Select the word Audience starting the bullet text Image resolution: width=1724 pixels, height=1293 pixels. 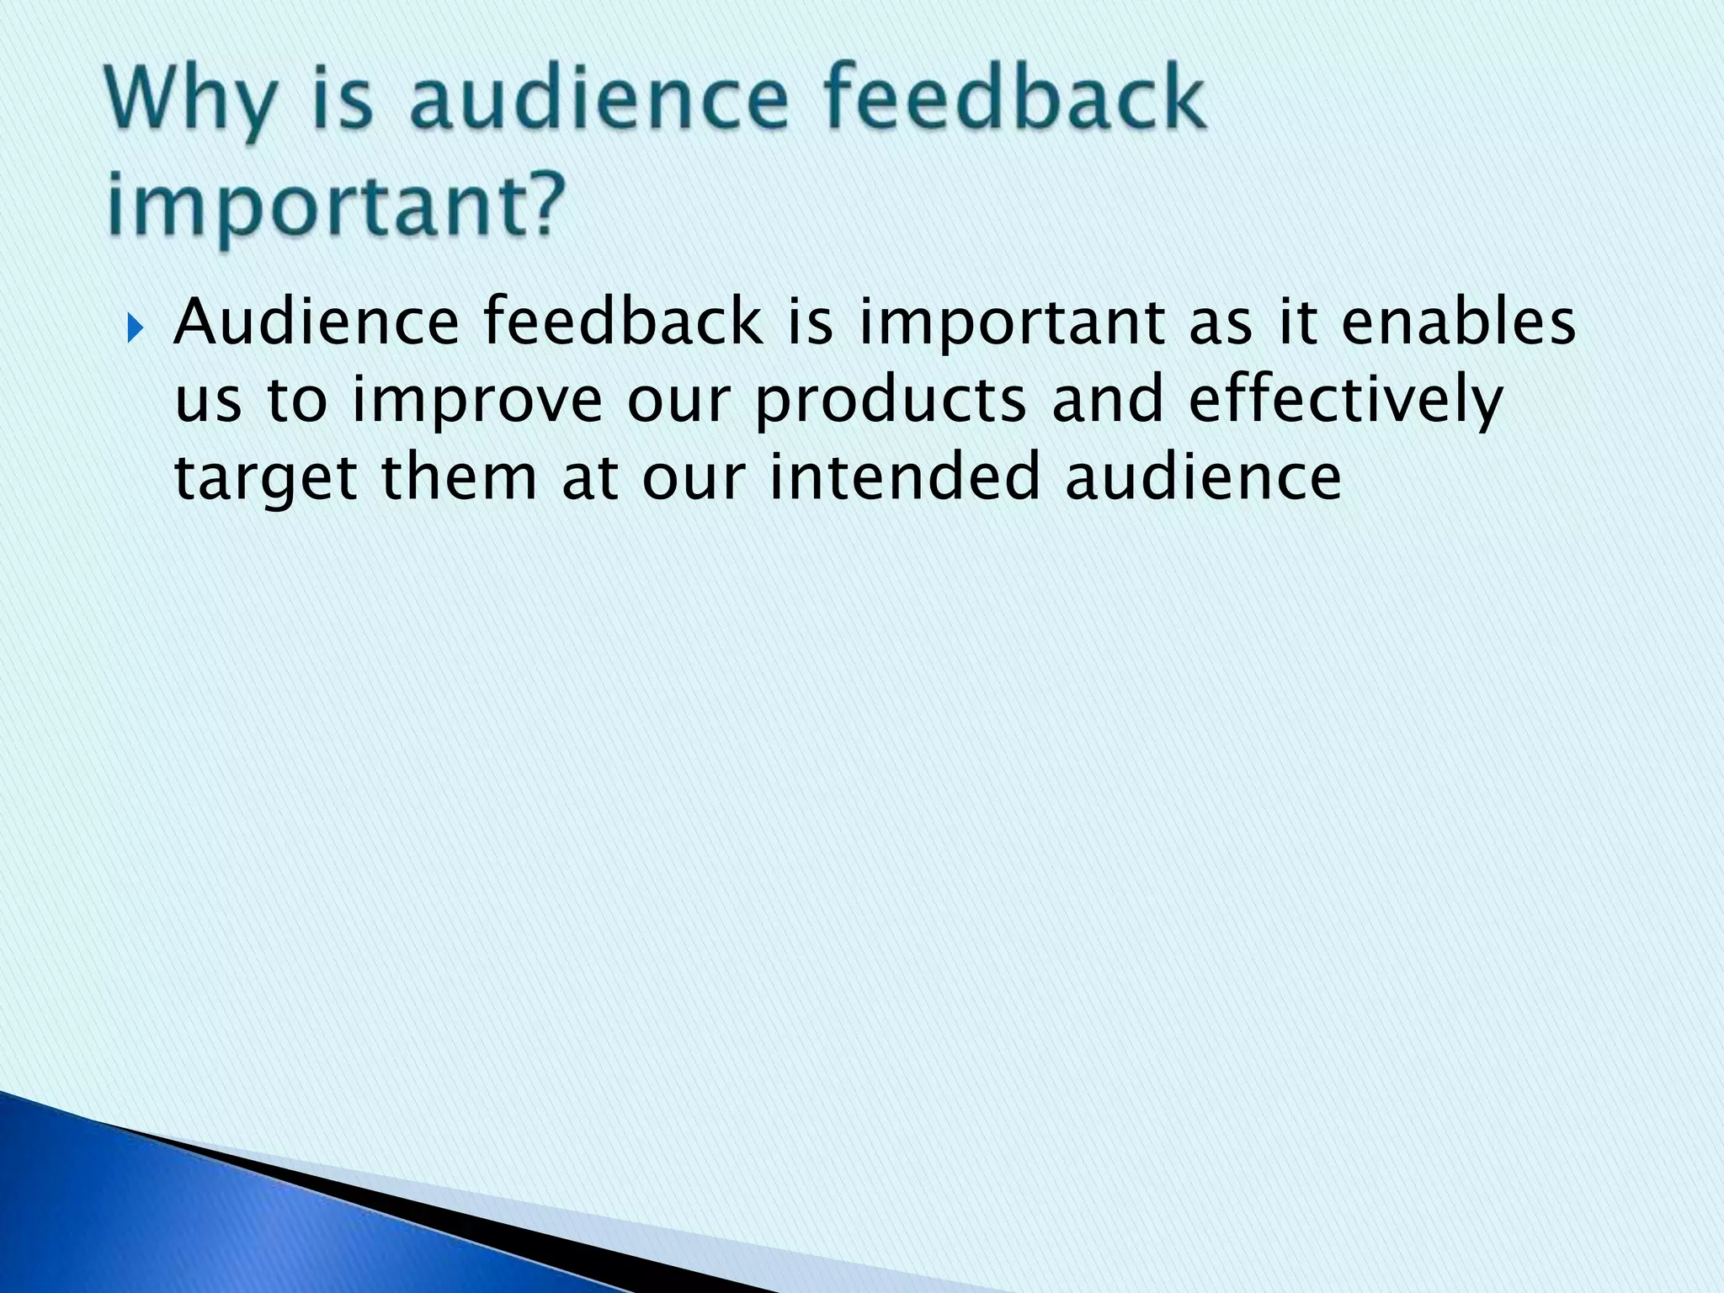[x=317, y=322]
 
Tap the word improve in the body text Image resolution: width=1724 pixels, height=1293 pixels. [x=476, y=400]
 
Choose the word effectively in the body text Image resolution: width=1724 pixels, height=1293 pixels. [x=1345, y=400]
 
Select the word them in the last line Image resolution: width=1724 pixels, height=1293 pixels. [x=459, y=476]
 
